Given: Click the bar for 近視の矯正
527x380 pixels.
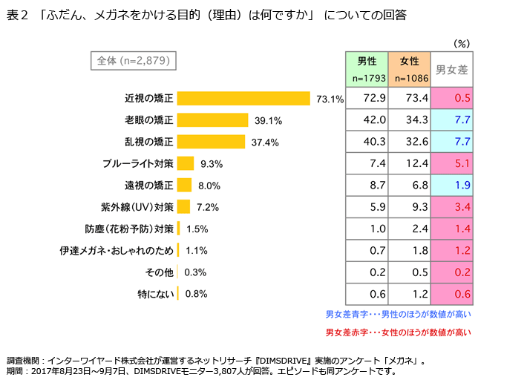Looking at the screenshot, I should pos(243,99).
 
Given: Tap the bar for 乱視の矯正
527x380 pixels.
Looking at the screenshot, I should pos(211,142).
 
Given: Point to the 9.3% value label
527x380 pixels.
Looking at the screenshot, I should pos(212,163).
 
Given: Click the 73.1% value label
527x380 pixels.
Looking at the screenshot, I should pos(330,99).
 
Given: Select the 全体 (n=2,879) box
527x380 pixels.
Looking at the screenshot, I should pos(133,62).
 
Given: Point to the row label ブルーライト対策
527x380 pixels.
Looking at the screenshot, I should pos(139,163).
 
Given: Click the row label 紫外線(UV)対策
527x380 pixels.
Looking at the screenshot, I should pos(137,206).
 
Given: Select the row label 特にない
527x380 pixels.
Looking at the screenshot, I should pos(156,293).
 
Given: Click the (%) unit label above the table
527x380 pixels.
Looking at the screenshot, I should pos(460,44).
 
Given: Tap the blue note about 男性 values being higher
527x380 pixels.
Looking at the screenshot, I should pos(399,313).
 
